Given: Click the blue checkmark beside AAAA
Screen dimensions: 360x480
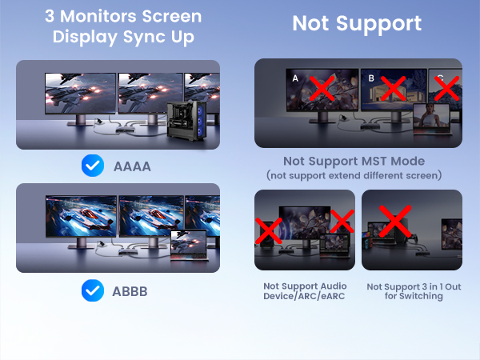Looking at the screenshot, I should [x=93, y=166].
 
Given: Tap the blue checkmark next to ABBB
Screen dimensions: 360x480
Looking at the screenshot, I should [x=93, y=290].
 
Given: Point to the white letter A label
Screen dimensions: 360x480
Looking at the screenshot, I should [x=295, y=78].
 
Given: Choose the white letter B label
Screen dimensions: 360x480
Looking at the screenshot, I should [x=371, y=78].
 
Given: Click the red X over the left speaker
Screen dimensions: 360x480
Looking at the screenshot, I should [x=268, y=231].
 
